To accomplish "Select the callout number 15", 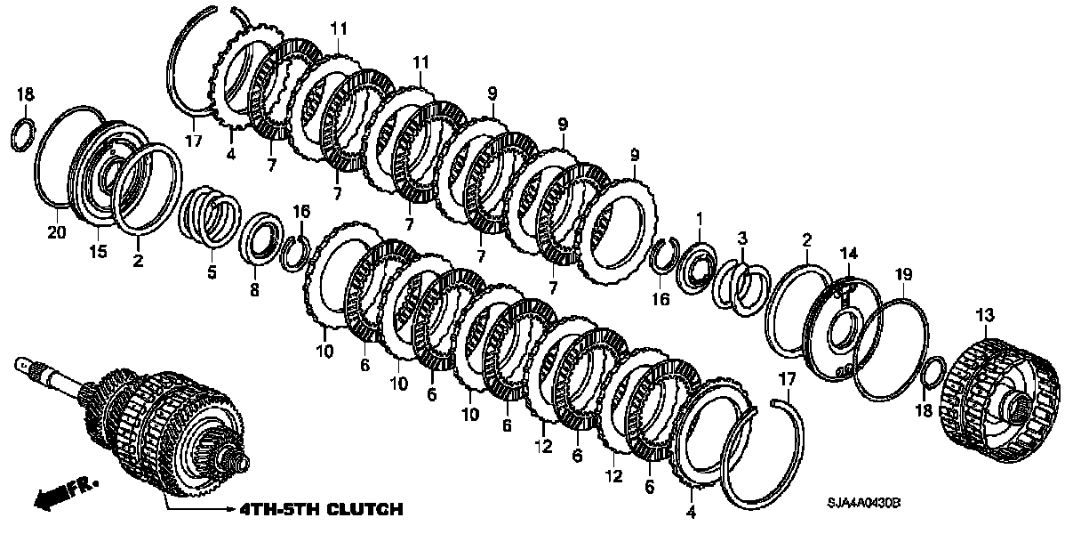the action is point(98,253).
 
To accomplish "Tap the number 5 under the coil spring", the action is point(212,272).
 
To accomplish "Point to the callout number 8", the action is point(254,289).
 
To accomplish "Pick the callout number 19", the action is point(902,275).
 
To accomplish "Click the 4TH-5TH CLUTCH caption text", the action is point(320,510).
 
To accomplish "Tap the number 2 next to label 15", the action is point(138,261).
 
